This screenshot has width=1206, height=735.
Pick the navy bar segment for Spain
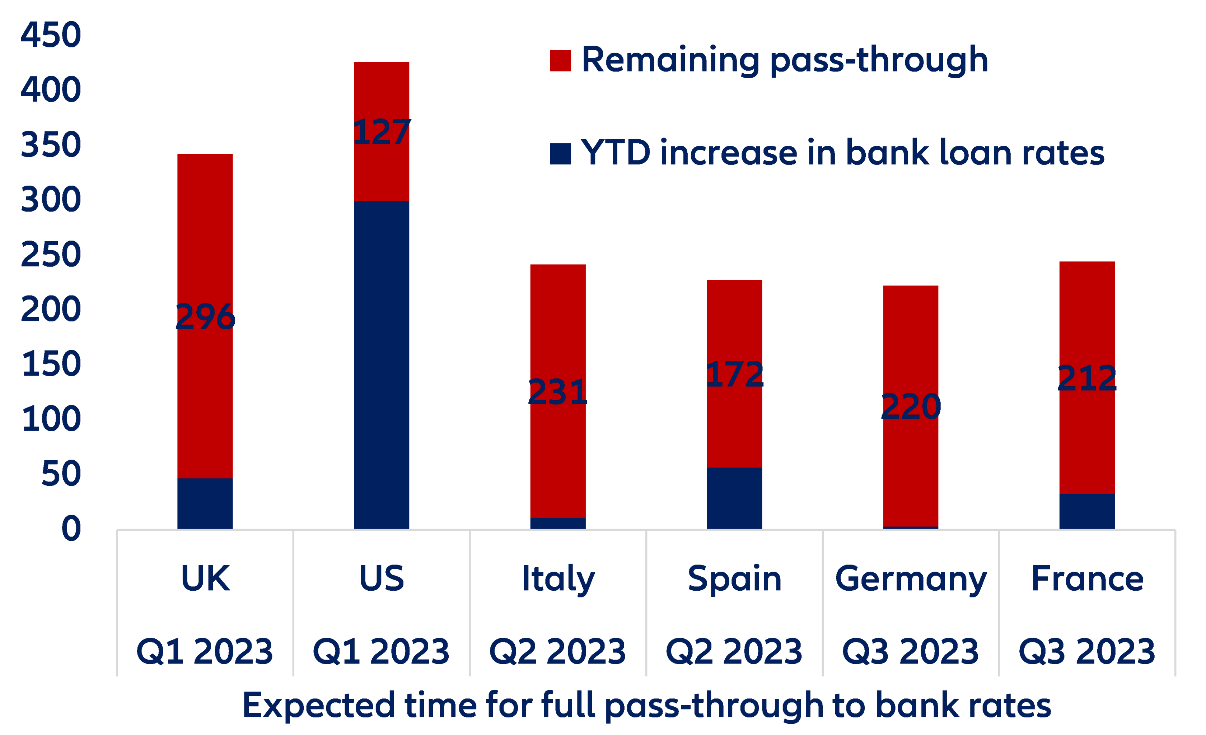[x=734, y=498]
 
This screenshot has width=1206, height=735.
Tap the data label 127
[x=381, y=132]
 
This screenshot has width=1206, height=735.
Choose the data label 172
[x=734, y=375]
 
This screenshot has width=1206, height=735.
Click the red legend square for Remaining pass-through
[x=560, y=61]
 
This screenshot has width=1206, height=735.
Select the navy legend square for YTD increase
[x=560, y=154]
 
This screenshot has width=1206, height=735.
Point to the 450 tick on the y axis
[x=51, y=35]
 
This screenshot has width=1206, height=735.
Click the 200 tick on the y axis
[x=51, y=310]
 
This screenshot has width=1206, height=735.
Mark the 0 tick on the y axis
[x=71, y=529]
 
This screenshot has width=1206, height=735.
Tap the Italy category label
[x=558, y=579]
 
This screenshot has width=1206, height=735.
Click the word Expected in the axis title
[x=318, y=705]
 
